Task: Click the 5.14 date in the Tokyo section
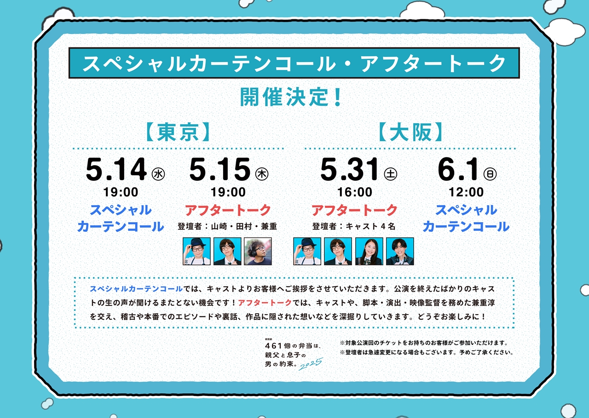click(116, 169)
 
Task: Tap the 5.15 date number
click(220, 169)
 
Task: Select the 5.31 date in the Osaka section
click(349, 169)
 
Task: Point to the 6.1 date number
click(458, 169)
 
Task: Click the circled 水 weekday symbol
click(158, 174)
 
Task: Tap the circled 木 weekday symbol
click(262, 174)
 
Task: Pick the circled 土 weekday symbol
click(391, 174)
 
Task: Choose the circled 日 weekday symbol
click(490, 174)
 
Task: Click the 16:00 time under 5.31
click(355, 192)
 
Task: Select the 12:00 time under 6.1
click(466, 192)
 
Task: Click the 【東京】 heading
click(178, 132)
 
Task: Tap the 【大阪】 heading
click(411, 132)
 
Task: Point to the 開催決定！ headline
click(291, 97)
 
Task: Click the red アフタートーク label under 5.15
click(228, 210)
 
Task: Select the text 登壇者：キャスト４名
click(354, 226)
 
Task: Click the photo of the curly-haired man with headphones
click(258, 251)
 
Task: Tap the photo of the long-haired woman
click(369, 251)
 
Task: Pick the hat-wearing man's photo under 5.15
click(196, 251)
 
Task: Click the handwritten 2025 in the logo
click(311, 364)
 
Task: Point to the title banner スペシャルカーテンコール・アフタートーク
click(294, 63)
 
